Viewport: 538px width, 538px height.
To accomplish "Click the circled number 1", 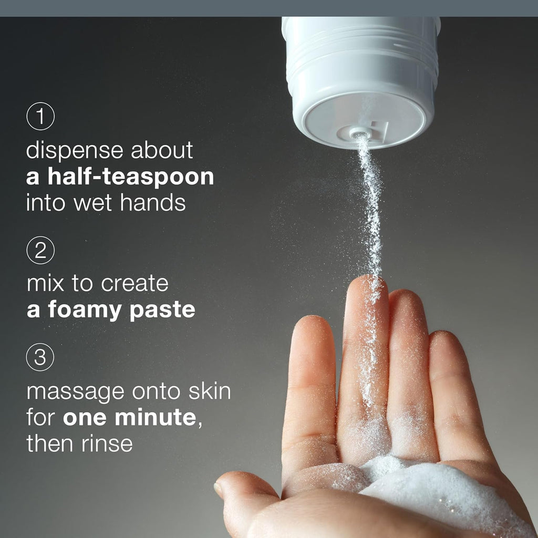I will click(40, 118).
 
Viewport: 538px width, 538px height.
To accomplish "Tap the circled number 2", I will click(40, 251).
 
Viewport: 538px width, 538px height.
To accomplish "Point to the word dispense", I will click(74, 151).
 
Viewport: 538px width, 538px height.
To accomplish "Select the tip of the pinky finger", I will click(443, 339).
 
